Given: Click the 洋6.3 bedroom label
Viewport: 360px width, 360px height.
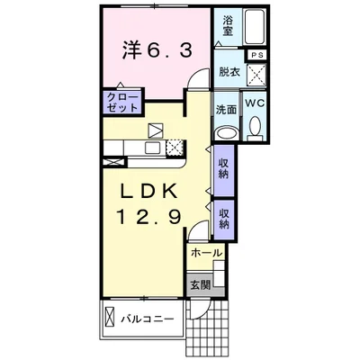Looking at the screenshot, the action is [x=157, y=50].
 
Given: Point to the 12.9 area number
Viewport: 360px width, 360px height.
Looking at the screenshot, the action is [x=149, y=217].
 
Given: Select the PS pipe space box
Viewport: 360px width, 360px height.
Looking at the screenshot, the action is [x=256, y=55].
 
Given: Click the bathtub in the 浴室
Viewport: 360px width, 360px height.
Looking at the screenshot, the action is [x=255, y=27].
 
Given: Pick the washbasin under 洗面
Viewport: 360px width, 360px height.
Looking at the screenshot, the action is [x=227, y=133].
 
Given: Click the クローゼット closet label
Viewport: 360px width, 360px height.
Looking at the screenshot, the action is [x=123, y=103].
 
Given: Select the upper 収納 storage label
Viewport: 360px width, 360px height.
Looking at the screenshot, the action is [x=223, y=168].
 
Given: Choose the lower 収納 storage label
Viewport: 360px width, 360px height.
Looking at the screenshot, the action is [x=223, y=219].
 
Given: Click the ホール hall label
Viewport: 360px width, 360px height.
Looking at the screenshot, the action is [x=207, y=254].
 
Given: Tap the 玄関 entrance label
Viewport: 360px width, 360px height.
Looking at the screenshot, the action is [x=201, y=284].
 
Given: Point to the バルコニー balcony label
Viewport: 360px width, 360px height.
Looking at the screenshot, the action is [x=148, y=319].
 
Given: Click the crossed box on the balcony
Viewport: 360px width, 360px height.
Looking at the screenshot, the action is [x=110, y=317].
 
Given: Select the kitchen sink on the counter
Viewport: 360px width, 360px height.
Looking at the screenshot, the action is [x=153, y=148].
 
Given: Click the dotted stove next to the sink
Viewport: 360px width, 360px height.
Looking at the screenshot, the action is [x=175, y=148].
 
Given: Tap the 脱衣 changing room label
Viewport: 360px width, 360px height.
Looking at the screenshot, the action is [x=229, y=72].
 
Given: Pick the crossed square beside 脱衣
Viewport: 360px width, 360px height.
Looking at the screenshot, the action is [x=256, y=74].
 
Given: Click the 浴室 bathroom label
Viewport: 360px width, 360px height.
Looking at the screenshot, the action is [x=228, y=26].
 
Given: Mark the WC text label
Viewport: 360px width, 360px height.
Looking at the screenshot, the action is [x=256, y=103].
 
